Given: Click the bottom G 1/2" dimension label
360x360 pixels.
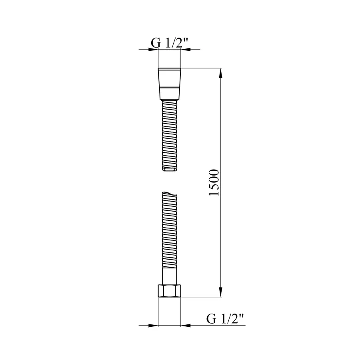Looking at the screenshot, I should click(225, 319).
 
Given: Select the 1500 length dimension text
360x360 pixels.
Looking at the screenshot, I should click(215, 183).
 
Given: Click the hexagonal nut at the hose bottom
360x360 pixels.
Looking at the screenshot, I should click(170, 290).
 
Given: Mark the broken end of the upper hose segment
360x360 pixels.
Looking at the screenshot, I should click(170, 170).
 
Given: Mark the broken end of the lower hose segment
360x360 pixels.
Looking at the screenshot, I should click(170, 195).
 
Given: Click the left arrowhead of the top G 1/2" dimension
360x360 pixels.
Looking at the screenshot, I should click(154, 50).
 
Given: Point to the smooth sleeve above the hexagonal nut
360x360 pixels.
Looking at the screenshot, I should click(170, 276).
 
